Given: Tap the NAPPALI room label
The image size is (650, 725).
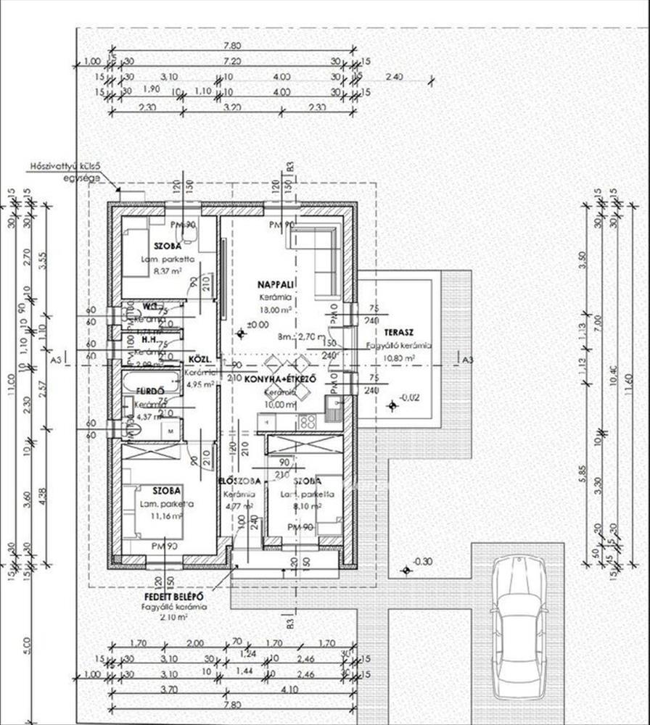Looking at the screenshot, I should point(276,284).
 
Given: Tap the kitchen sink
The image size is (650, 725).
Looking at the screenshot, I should point(333,410).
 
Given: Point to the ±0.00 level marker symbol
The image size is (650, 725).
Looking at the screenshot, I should point(241,333).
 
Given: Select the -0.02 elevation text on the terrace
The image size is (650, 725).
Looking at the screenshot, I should point(408,397).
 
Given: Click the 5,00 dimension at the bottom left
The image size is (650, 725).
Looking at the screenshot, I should point(27,642).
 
